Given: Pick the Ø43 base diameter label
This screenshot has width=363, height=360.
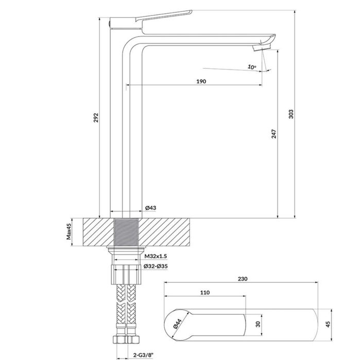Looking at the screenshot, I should point(151,208).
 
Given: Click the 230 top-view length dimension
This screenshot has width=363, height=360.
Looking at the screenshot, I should point(243,279).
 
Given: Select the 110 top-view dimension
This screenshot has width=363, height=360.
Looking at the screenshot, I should point(205,292).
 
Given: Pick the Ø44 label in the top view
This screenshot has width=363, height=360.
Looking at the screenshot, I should point(177,323).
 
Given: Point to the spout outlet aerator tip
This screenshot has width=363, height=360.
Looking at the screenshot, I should point(260,47).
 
